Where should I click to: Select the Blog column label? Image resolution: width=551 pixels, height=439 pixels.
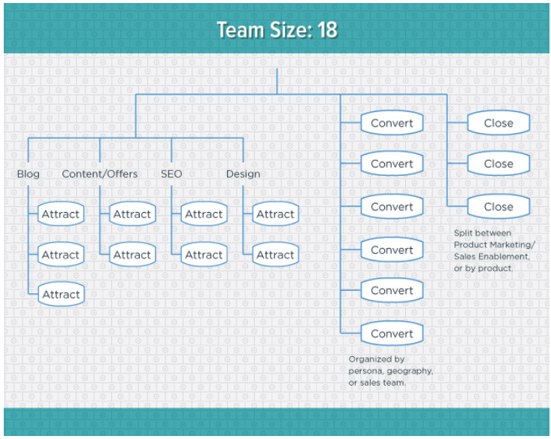[29, 174]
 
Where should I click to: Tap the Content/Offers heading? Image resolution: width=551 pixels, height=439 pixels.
[99, 174]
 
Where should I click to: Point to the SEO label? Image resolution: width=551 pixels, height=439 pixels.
[171, 174]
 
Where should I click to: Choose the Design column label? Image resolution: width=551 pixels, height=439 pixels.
[243, 174]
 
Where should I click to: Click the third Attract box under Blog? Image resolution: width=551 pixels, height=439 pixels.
[61, 295]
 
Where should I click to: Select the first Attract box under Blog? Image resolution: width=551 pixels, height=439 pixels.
[61, 214]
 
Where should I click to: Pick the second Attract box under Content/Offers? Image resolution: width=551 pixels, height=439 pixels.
[132, 255]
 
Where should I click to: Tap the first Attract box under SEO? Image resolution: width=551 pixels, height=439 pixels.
[204, 214]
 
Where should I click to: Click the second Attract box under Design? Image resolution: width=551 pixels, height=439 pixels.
[275, 255]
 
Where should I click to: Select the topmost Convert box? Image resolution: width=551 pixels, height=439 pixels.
[392, 123]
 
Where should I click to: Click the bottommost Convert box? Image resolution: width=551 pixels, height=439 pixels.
[392, 334]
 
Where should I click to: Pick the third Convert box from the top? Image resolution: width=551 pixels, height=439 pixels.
[392, 207]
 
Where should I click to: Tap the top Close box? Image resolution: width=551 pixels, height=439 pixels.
[498, 123]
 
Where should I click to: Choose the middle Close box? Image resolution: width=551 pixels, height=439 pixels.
[498, 164]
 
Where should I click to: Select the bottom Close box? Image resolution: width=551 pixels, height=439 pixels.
[498, 207]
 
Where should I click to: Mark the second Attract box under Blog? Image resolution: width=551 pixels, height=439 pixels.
[61, 255]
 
